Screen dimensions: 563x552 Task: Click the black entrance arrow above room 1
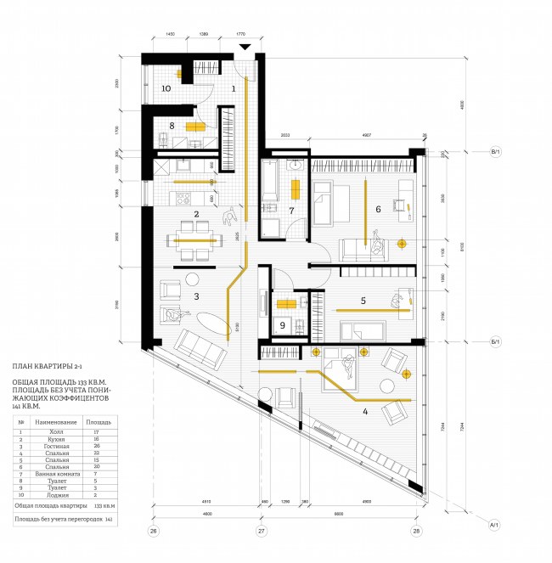point(245,48)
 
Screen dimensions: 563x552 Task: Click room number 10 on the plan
point(166,87)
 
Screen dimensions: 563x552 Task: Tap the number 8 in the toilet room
point(172,126)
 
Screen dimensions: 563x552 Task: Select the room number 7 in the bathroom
point(290,210)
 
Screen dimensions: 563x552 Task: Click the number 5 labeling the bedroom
point(363,300)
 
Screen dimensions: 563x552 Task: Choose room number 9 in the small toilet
point(283,324)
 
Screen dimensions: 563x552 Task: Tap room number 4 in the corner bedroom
point(365,412)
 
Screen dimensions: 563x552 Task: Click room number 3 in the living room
point(195,296)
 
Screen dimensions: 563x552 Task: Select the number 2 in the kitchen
point(195,215)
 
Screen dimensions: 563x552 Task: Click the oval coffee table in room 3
point(212,326)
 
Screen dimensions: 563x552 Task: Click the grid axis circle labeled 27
point(262,532)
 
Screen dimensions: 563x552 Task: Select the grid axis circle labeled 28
point(416,532)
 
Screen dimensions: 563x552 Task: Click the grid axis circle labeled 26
point(154,532)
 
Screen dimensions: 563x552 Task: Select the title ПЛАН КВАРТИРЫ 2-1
point(48,366)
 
